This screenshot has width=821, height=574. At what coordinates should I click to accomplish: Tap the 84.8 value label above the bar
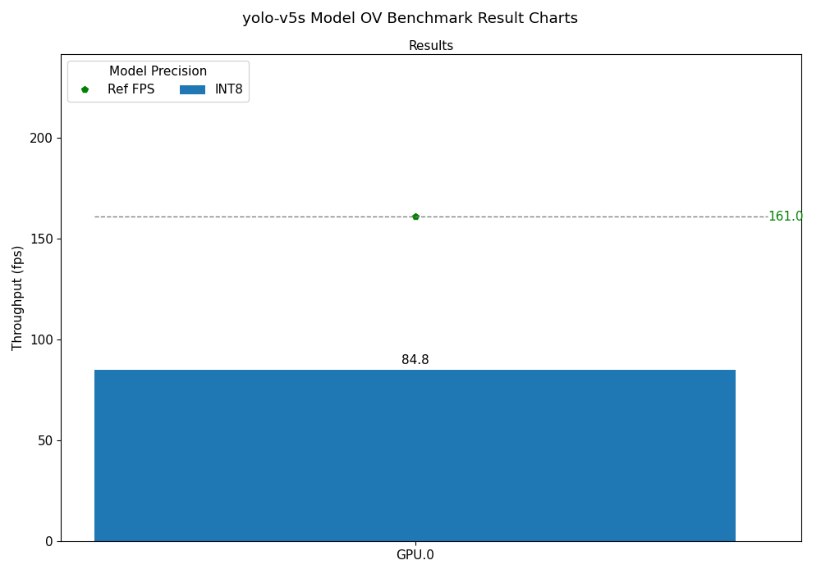point(415,360)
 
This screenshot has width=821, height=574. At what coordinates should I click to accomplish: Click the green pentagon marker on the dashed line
point(415,216)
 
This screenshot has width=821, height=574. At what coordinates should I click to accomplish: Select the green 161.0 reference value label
point(785,216)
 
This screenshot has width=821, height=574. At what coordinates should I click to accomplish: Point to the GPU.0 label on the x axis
point(415,555)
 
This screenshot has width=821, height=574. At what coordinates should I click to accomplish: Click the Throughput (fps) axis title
point(18,298)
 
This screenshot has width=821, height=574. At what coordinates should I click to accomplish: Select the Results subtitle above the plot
point(431,46)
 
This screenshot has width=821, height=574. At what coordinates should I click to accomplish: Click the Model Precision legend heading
point(158,71)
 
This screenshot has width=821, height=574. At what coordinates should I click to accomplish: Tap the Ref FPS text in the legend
point(131,89)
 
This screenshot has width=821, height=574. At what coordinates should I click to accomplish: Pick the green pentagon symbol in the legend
point(85,89)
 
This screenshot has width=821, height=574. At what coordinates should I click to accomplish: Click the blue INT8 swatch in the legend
point(192,89)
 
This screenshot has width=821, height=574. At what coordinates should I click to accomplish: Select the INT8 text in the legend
point(229,89)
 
